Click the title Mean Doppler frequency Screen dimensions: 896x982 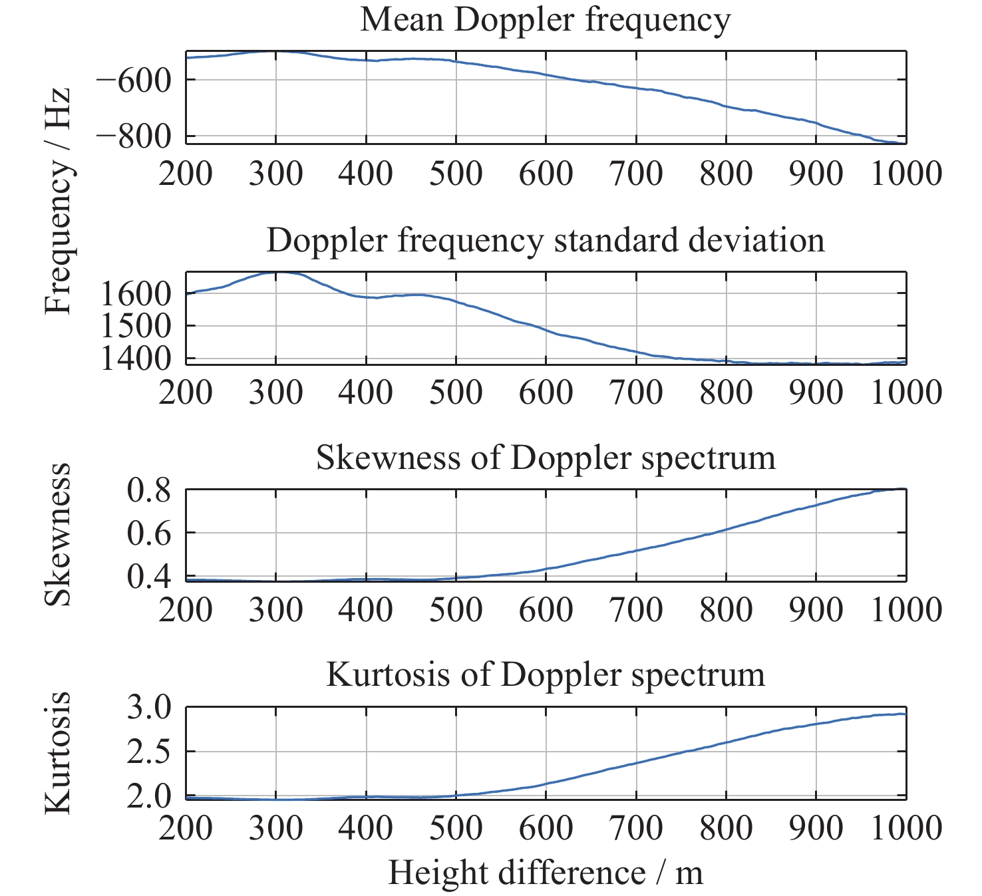click(x=545, y=20)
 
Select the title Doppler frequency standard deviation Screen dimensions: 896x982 click(x=545, y=240)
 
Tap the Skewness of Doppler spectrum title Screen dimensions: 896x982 click(x=545, y=458)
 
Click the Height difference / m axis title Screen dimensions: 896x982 click(x=545, y=873)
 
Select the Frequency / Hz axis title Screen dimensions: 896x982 click(x=57, y=200)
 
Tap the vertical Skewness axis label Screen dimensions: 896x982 click(x=57, y=534)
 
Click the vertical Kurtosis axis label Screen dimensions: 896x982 click(x=57, y=752)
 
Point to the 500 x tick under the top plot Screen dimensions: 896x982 click(x=456, y=174)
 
